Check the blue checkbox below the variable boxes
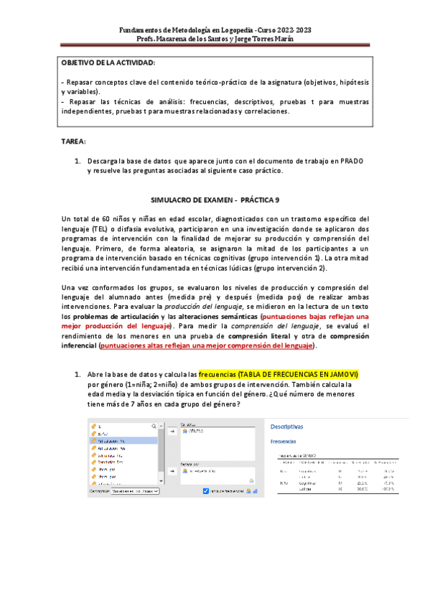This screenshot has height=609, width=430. point(206,491)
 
